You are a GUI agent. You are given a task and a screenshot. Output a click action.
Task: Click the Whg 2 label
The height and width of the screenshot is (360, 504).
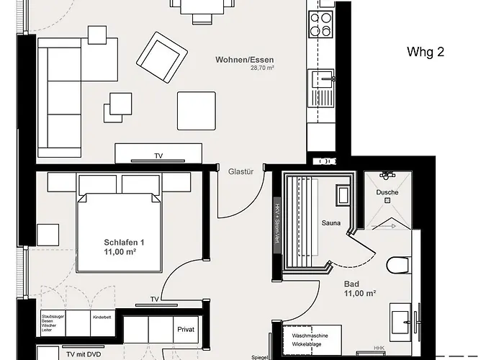point(426,52)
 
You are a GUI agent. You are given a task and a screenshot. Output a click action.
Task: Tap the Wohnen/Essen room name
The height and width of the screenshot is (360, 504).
point(244,60)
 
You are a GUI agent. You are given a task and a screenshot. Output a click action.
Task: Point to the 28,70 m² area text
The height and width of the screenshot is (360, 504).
point(263,68)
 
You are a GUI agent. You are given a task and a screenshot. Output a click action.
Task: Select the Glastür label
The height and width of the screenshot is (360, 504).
point(240,171)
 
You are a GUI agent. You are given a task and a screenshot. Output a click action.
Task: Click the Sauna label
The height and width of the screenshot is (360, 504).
point(330,223)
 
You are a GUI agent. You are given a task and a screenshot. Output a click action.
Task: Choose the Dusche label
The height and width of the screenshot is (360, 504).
point(387,193)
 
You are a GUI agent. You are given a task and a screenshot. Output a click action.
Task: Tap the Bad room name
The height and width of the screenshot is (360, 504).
point(353,283)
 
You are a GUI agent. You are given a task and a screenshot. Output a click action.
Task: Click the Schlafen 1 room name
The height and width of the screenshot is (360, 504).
point(120,242)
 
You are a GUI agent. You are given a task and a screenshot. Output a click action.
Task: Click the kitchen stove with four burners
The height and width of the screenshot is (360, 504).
point(320,25)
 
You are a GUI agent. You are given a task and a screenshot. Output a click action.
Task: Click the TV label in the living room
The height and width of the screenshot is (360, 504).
point(158,156)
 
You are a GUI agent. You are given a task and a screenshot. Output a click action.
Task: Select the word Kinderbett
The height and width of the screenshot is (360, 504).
point(102,317)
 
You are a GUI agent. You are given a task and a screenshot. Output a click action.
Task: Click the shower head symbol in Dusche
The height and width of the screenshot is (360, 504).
point(387,176)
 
